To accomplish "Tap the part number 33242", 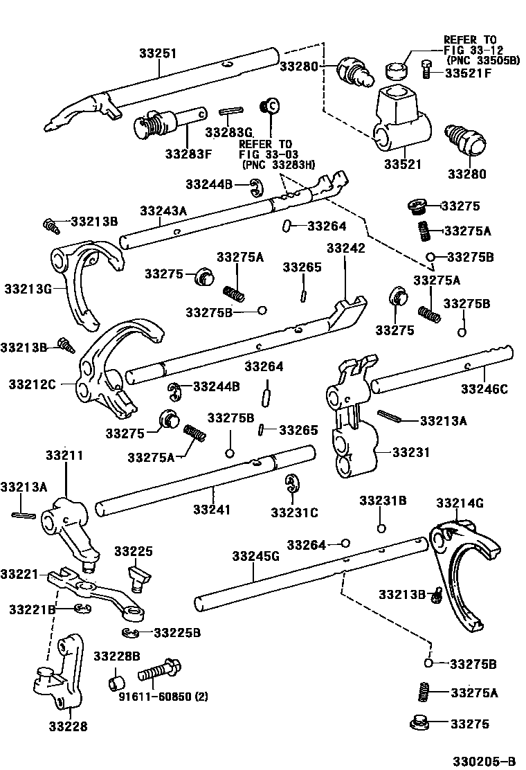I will [x=346, y=247].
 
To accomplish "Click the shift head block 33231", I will [x=353, y=429].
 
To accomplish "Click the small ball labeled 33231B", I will [x=381, y=530].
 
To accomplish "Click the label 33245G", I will [x=255, y=556].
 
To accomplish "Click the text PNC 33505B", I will [x=482, y=61].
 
